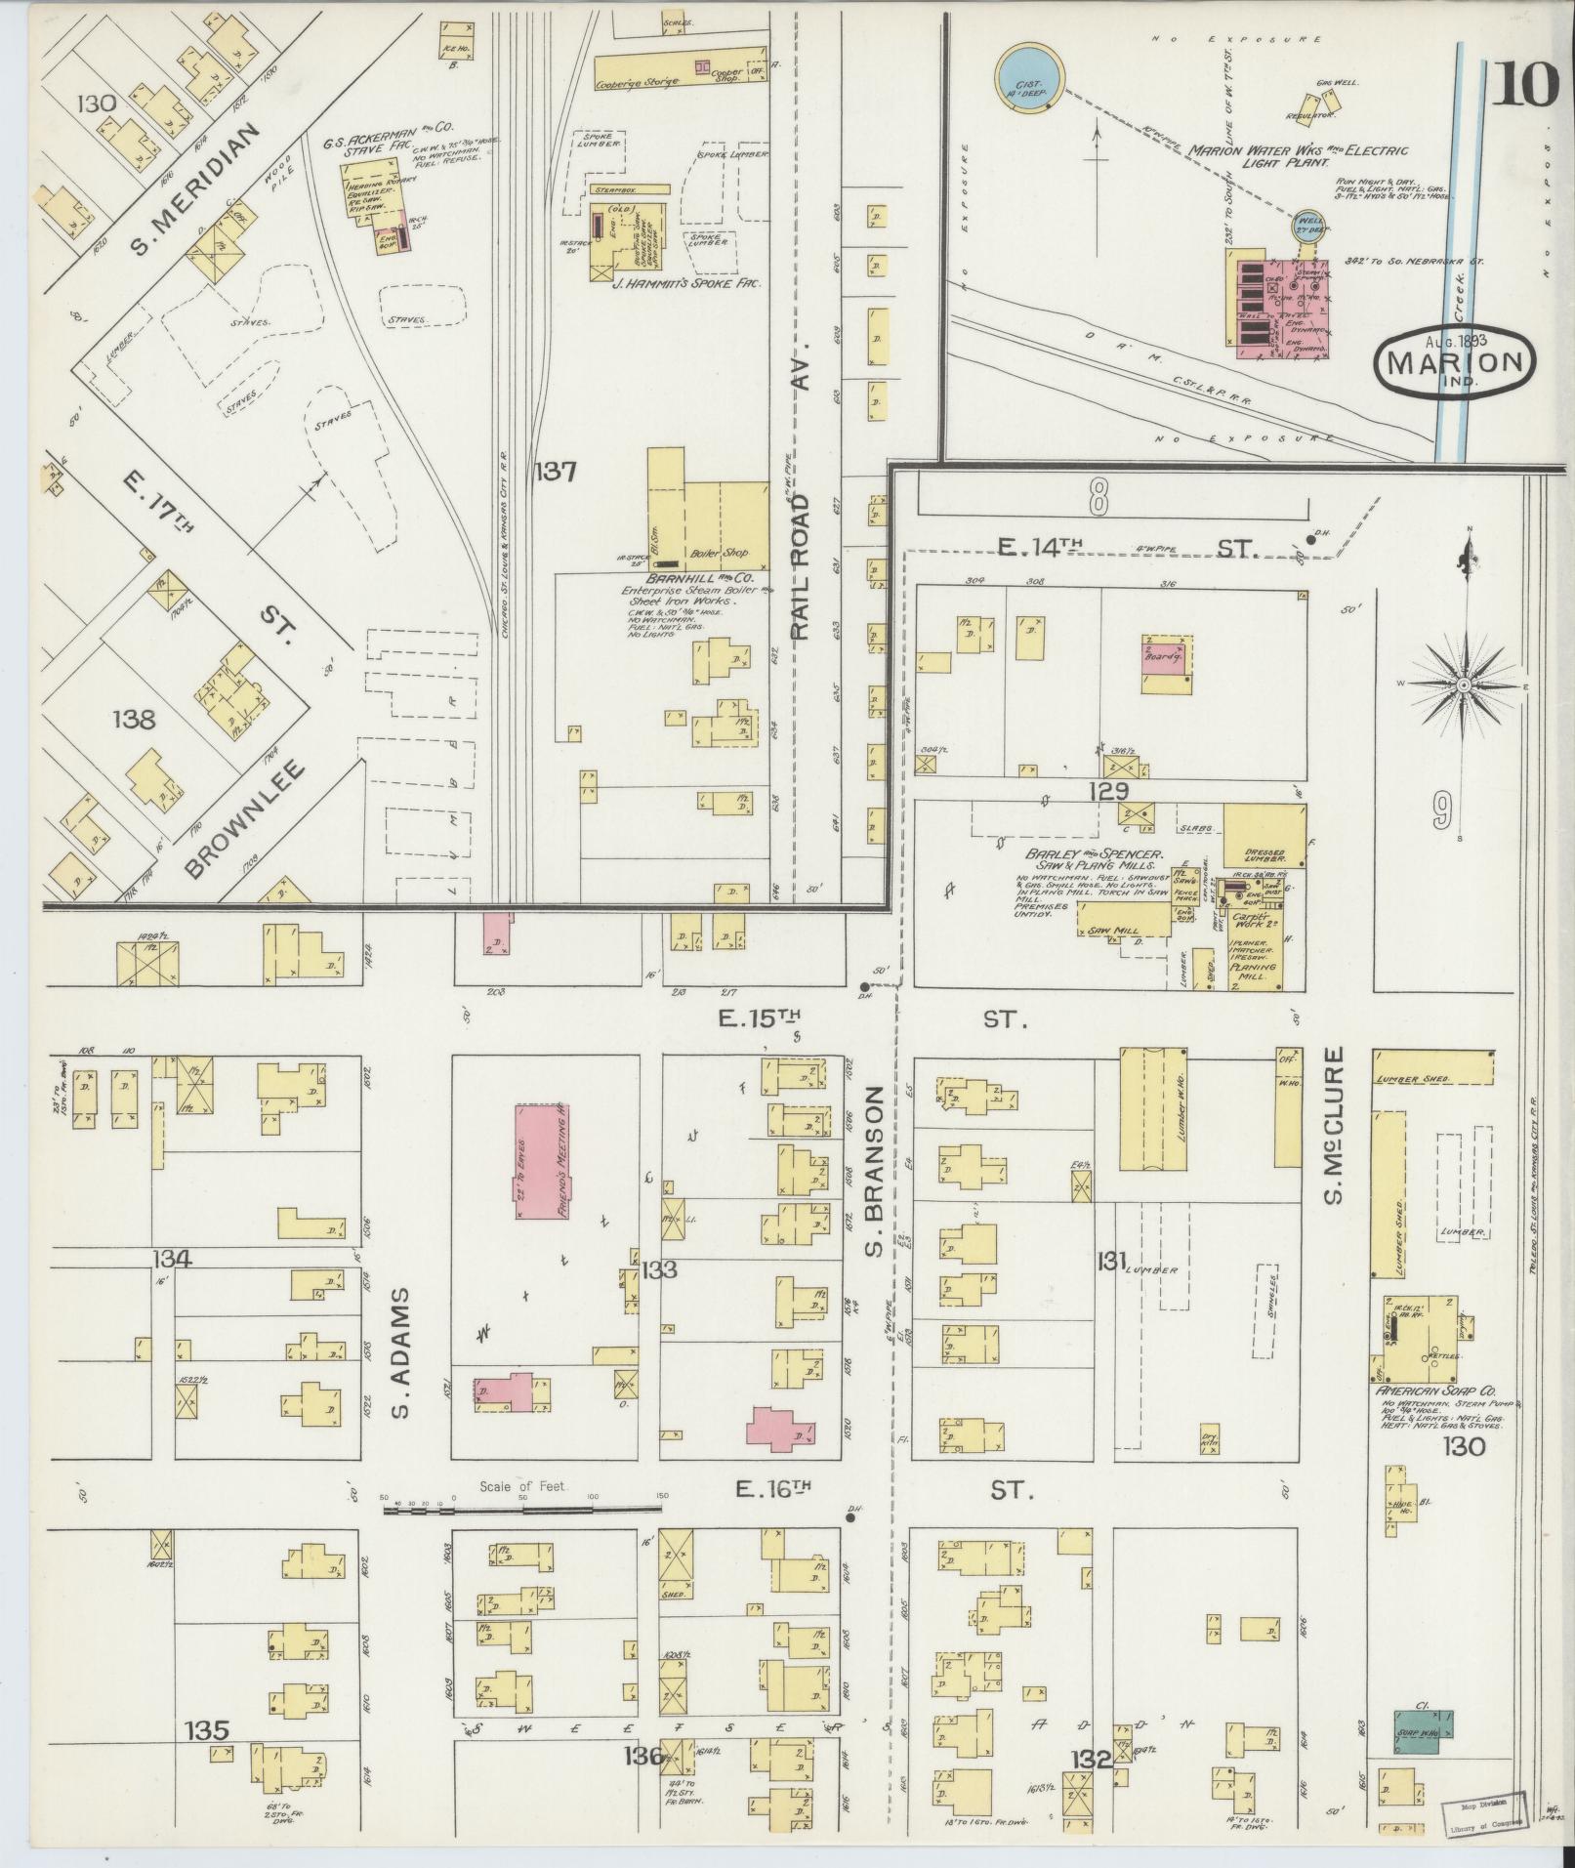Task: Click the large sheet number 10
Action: coord(1523,85)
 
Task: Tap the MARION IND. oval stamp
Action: coord(1454,362)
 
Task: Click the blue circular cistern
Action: coord(1029,75)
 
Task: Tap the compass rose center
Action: coord(1465,686)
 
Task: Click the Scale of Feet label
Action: coord(523,1515)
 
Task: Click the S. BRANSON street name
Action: coord(876,1171)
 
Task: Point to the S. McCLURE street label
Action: coord(1337,1126)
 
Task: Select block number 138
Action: coord(134,721)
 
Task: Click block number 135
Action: coord(207,1731)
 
